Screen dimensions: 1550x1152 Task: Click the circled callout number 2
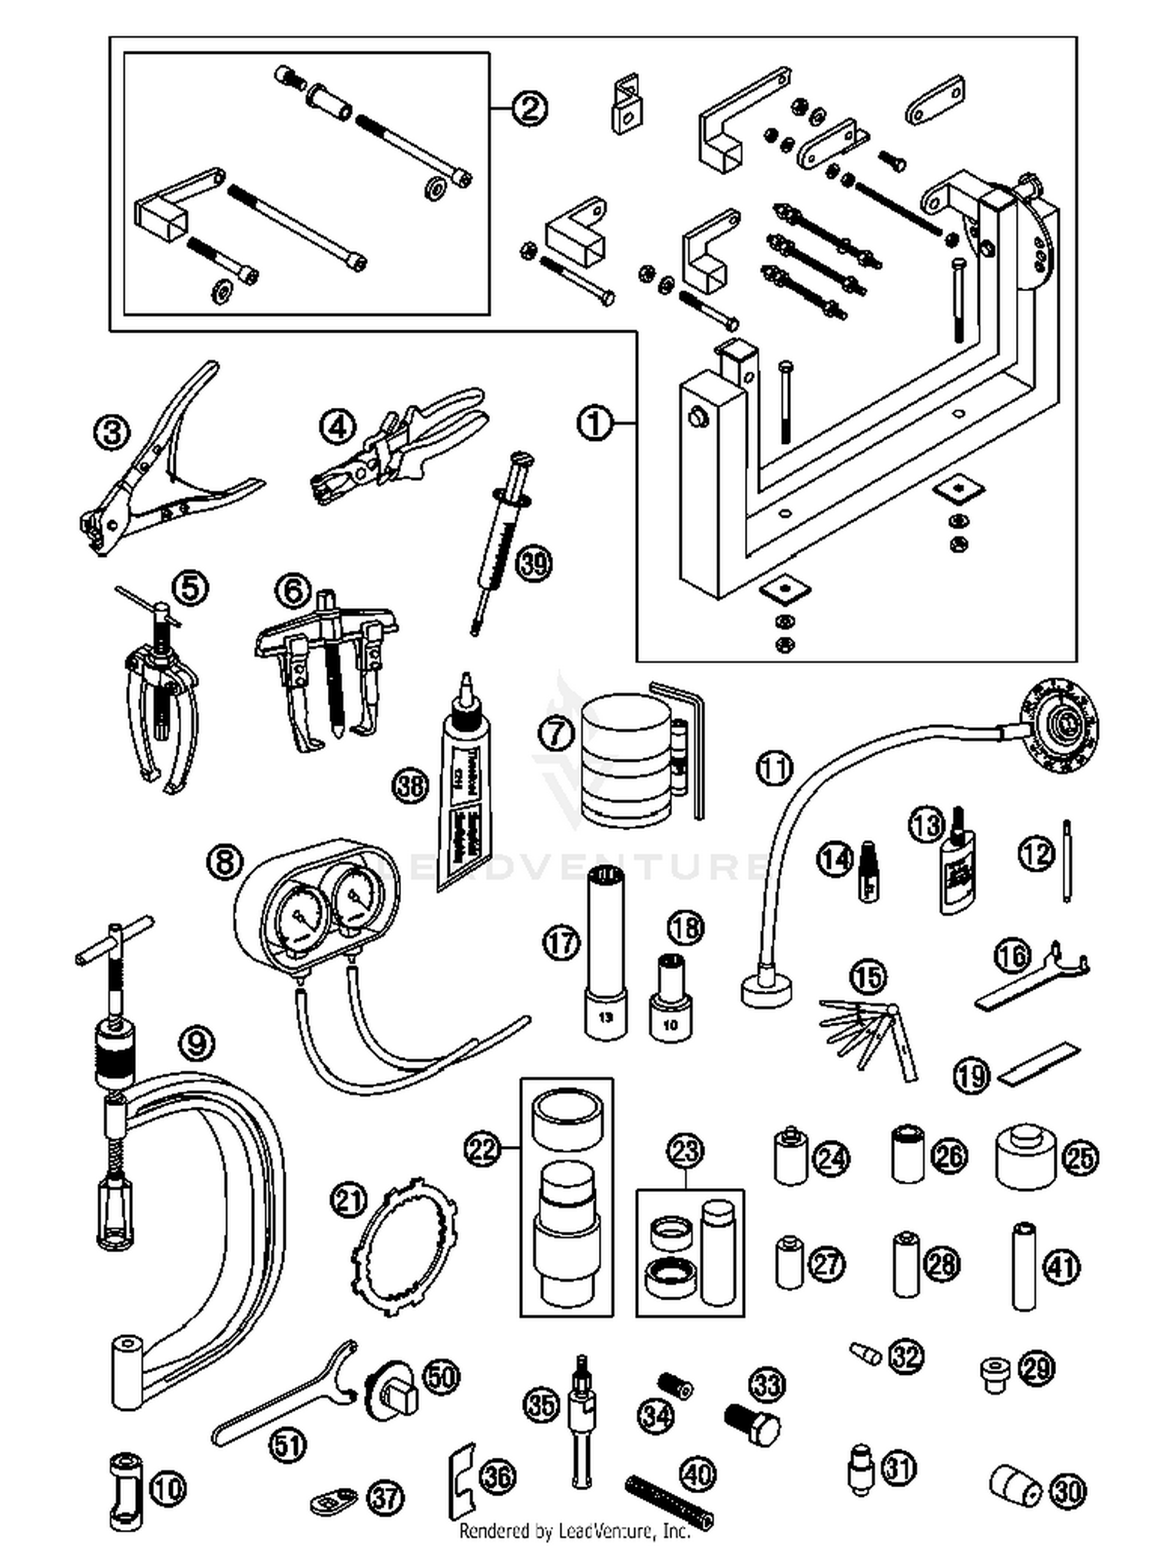point(528,108)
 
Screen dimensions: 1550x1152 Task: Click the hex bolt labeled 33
point(752,1426)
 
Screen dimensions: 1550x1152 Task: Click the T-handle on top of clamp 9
point(115,940)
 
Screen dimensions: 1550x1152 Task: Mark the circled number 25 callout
point(1080,1158)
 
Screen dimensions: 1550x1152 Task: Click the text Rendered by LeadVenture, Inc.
point(574,1531)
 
